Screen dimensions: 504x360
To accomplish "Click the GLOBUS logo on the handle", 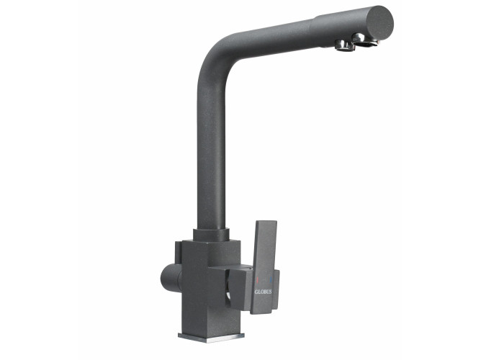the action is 263,292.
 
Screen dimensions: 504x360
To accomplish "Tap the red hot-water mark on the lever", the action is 257,279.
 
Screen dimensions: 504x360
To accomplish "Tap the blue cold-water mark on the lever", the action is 271,279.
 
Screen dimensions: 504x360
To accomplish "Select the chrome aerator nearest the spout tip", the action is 366,40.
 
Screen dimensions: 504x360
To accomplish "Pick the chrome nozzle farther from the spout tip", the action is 344,45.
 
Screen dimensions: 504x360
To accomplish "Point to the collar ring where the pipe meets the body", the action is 211,235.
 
